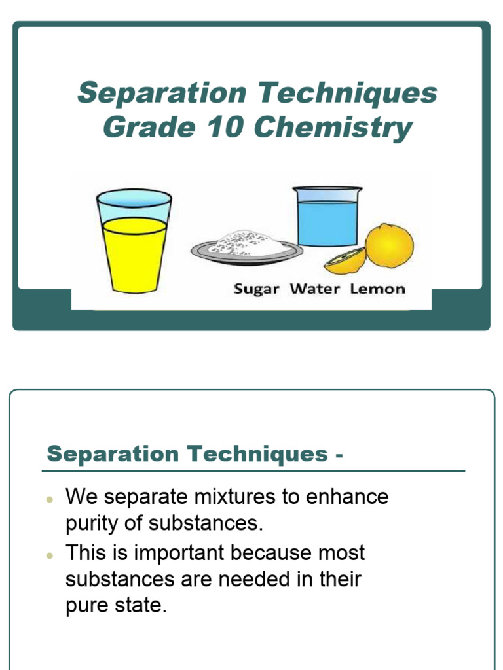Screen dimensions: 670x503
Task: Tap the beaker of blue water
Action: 327,217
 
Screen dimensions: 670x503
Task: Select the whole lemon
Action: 390,245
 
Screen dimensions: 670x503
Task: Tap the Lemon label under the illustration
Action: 378,289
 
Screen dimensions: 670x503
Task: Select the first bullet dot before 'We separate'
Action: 50,499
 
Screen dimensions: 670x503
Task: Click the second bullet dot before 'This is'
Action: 50,555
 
